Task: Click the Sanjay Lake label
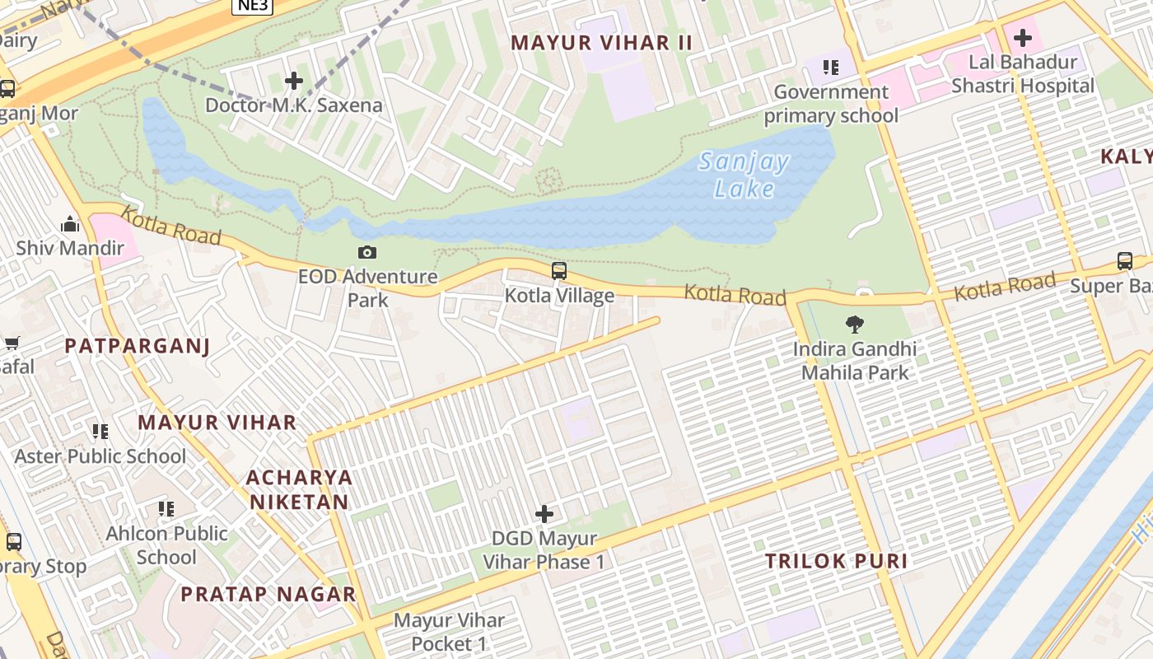(744, 175)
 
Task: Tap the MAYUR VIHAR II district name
(601, 43)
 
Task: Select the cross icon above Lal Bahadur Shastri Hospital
(1022, 38)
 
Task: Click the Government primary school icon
(830, 68)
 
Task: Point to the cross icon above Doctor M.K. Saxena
(293, 81)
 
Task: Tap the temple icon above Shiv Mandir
(70, 224)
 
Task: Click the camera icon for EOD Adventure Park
(367, 252)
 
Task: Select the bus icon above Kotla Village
(559, 271)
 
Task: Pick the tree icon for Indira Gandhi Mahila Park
(855, 325)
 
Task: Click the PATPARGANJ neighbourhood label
(137, 346)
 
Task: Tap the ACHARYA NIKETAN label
(299, 489)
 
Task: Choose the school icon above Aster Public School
(100, 432)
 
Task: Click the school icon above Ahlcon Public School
(166, 509)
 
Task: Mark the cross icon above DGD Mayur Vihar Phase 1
(544, 514)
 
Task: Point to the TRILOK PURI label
(836, 562)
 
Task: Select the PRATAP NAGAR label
(268, 594)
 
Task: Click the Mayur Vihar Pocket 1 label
(449, 632)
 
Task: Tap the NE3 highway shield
(252, 6)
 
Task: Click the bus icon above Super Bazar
(1125, 261)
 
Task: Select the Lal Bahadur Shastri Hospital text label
(1023, 73)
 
